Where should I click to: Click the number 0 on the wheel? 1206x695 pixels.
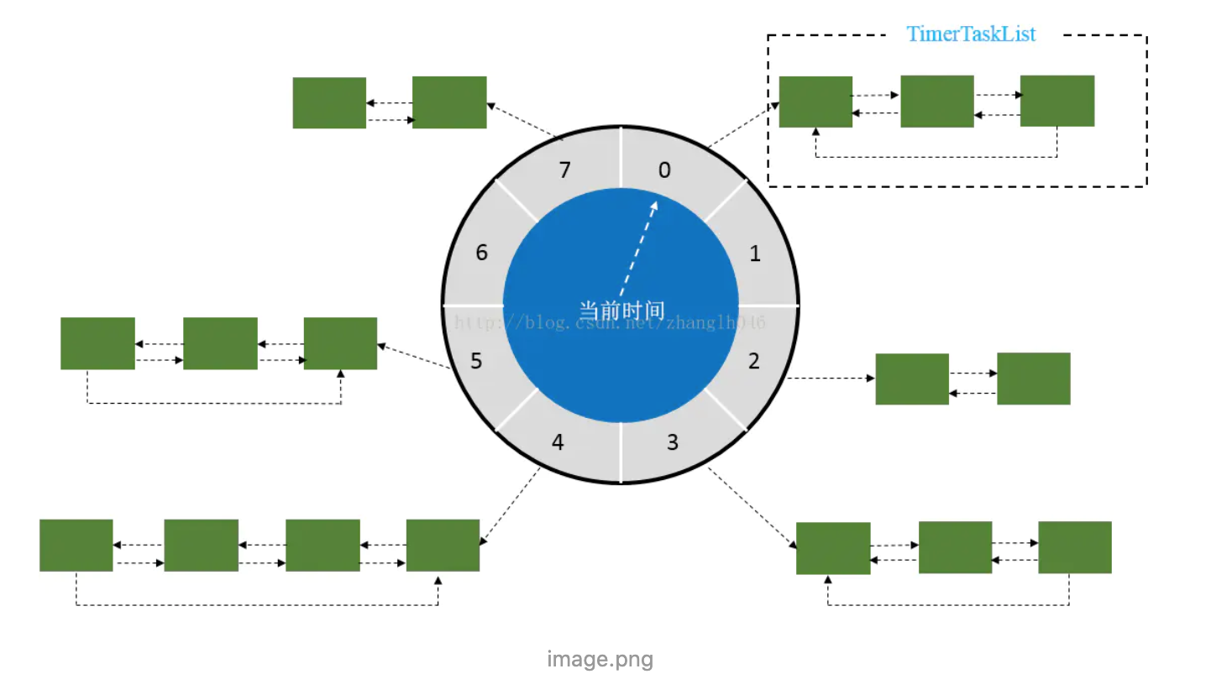point(664,170)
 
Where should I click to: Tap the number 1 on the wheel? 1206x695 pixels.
point(755,253)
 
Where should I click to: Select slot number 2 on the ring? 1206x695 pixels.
point(753,361)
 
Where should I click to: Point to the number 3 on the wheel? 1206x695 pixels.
point(673,442)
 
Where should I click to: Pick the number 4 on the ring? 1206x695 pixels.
point(558,442)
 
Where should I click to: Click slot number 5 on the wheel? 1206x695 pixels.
point(476,361)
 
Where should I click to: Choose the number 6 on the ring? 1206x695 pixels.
point(481,253)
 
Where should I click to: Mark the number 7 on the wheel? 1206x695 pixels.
point(564,170)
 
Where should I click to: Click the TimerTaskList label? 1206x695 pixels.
point(971,34)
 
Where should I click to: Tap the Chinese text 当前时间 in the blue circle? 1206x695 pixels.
point(621,311)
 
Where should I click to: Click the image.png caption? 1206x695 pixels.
point(600,659)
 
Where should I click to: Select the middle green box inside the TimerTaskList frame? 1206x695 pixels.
point(936,102)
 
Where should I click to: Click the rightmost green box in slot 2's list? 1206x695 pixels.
point(1033,379)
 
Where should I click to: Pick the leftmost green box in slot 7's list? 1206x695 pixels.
point(329,103)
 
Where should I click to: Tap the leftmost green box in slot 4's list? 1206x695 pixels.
point(76,546)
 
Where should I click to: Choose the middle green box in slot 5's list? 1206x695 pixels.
point(220,343)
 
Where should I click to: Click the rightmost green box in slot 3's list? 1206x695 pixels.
point(1074,547)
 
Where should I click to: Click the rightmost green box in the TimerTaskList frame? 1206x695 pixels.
point(1057,101)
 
